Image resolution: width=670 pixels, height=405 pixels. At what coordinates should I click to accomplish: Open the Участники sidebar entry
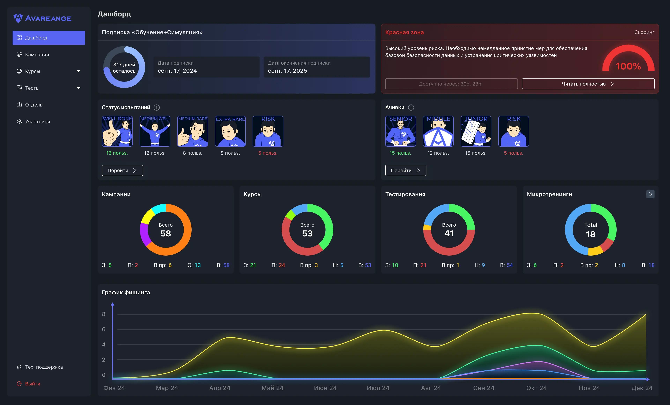click(x=37, y=121)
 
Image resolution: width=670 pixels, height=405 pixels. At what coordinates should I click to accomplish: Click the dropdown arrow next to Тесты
click(x=78, y=88)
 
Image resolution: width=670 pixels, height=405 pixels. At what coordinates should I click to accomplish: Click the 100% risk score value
click(x=628, y=66)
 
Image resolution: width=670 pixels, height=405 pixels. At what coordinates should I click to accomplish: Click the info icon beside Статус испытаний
click(x=157, y=107)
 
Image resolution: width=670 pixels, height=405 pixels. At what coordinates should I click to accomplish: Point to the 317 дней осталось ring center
click(x=124, y=67)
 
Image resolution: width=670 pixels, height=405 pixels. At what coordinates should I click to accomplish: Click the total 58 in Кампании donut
click(x=166, y=233)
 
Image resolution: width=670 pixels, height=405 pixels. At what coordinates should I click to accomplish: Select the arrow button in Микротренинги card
click(x=650, y=194)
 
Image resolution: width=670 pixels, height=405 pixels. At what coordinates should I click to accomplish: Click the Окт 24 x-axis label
click(x=536, y=388)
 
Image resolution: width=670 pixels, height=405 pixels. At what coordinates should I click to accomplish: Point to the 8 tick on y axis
click(x=104, y=314)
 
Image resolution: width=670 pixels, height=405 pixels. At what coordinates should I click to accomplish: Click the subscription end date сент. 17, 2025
click(x=287, y=71)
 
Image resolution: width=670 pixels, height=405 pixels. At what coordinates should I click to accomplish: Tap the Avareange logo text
click(x=48, y=19)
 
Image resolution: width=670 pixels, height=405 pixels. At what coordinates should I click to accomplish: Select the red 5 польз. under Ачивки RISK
click(x=513, y=153)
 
